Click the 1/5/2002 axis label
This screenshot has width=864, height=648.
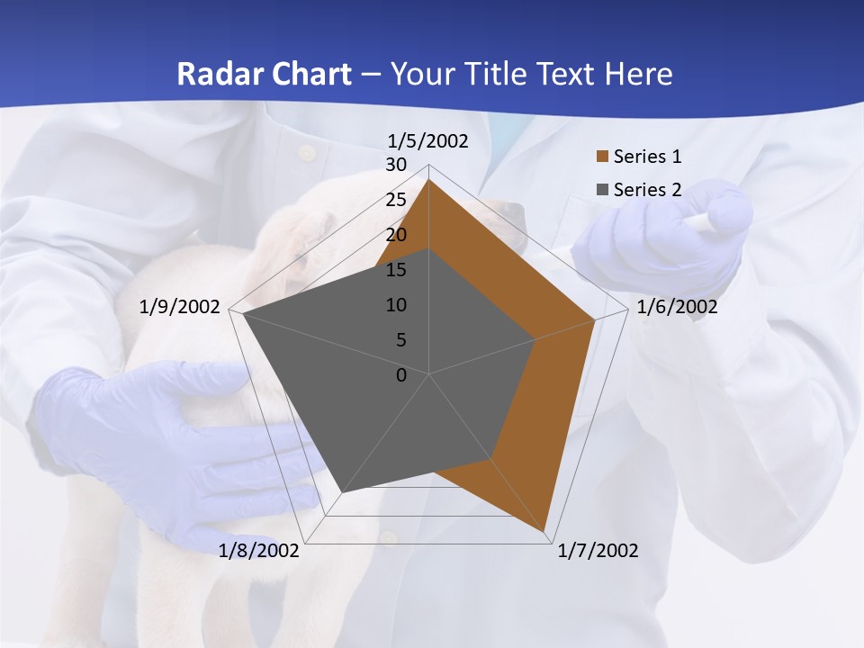(x=428, y=141)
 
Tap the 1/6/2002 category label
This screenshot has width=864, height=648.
(x=677, y=307)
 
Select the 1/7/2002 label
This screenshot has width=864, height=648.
(x=598, y=551)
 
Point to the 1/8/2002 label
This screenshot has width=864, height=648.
(x=259, y=551)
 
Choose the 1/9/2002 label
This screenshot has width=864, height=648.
(x=180, y=307)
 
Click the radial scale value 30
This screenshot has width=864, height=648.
(x=396, y=165)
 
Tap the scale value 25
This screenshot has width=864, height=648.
(x=396, y=200)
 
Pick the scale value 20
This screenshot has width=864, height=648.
(x=396, y=235)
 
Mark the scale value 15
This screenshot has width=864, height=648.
(x=396, y=270)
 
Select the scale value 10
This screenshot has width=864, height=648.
(x=396, y=305)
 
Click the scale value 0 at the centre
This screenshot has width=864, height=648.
(x=401, y=375)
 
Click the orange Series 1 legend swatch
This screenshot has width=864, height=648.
(x=603, y=157)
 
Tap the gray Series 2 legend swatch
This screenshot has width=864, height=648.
(x=603, y=190)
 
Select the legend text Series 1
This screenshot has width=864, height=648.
(x=647, y=157)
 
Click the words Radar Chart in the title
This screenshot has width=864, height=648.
(x=264, y=74)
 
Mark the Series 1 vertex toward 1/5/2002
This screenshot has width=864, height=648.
(x=429, y=180)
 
